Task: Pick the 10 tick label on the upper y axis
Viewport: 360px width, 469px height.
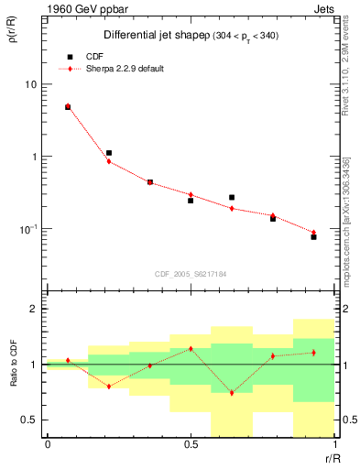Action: pos(29,84)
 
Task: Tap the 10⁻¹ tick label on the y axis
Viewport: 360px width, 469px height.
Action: pos(27,228)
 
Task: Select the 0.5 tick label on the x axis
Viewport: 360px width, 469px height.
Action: pos(191,444)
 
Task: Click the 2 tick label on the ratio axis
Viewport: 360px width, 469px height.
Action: pos(33,309)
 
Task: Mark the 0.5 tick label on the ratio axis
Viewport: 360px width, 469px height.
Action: pos(29,420)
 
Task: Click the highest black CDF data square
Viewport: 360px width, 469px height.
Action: pos(68,107)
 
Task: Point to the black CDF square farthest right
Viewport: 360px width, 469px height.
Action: pos(313,237)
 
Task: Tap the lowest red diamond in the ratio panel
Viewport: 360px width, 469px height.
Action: pos(232,393)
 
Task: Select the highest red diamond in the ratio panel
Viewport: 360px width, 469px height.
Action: pos(191,349)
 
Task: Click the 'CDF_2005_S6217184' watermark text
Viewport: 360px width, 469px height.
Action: pos(191,273)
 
